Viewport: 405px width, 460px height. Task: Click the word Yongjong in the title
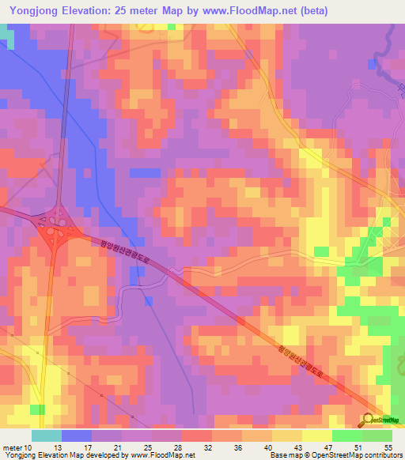32,10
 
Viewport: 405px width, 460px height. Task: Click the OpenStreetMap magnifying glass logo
369,420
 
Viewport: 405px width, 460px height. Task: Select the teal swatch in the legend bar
46,435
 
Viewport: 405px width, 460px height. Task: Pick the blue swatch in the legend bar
76,435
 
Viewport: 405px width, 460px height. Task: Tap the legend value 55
388,447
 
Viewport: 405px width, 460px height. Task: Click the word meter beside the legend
13,447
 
